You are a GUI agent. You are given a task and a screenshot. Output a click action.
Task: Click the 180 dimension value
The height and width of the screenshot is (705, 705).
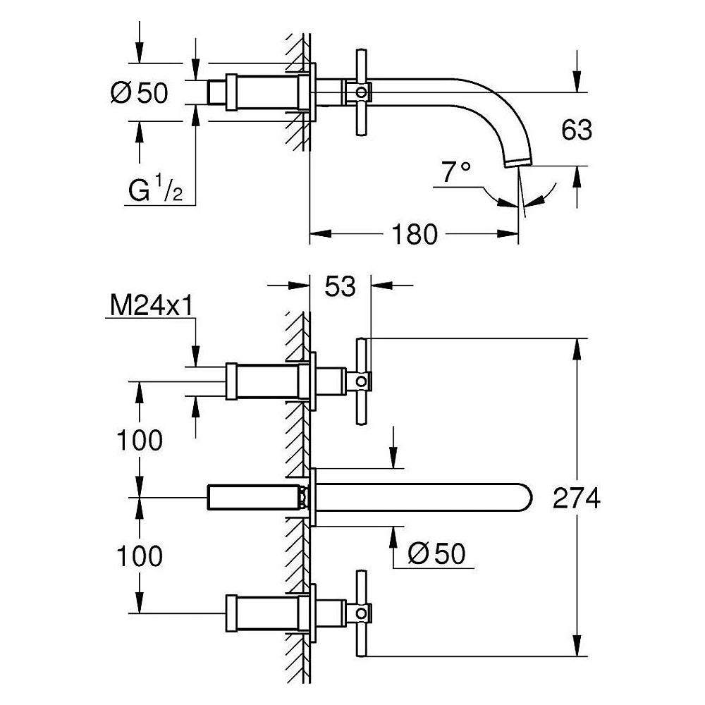click(x=414, y=234)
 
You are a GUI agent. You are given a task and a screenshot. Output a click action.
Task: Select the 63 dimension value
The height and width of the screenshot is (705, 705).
click(x=577, y=130)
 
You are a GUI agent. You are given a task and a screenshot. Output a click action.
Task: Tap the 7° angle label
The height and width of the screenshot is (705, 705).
click(x=456, y=172)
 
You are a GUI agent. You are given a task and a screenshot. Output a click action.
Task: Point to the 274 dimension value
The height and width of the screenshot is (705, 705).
click(x=577, y=498)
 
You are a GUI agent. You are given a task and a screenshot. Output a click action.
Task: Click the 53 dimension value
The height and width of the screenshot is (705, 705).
click(x=340, y=286)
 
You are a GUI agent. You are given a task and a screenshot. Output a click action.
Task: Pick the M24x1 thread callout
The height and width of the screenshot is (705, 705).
click(x=151, y=306)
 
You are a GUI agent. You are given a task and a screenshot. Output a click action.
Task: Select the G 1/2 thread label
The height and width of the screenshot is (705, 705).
click(x=156, y=189)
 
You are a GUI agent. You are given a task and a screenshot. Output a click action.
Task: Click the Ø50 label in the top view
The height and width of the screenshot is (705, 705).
click(x=140, y=92)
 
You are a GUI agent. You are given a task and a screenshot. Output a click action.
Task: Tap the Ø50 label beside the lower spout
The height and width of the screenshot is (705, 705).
click(x=436, y=553)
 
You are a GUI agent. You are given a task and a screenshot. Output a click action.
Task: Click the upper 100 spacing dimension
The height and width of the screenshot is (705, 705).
click(x=140, y=440)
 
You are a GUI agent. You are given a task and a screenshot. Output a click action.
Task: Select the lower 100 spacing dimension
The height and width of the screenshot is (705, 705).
click(x=140, y=556)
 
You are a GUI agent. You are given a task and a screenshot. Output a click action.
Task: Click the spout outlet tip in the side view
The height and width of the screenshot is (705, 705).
click(x=518, y=163)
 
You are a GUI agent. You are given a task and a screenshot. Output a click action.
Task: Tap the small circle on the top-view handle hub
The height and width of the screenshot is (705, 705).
click(x=361, y=92)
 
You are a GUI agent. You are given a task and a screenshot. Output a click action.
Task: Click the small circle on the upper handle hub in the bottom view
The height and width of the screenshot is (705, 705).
click(x=361, y=381)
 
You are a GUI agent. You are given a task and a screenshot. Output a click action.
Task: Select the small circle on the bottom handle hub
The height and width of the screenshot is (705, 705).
click(x=361, y=613)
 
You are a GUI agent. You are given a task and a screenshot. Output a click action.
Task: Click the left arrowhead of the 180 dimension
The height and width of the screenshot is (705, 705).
click(x=321, y=234)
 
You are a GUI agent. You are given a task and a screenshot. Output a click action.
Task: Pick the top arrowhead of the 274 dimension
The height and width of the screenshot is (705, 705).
click(x=577, y=349)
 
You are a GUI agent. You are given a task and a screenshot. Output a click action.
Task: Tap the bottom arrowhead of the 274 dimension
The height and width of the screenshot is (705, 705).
click(x=577, y=645)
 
